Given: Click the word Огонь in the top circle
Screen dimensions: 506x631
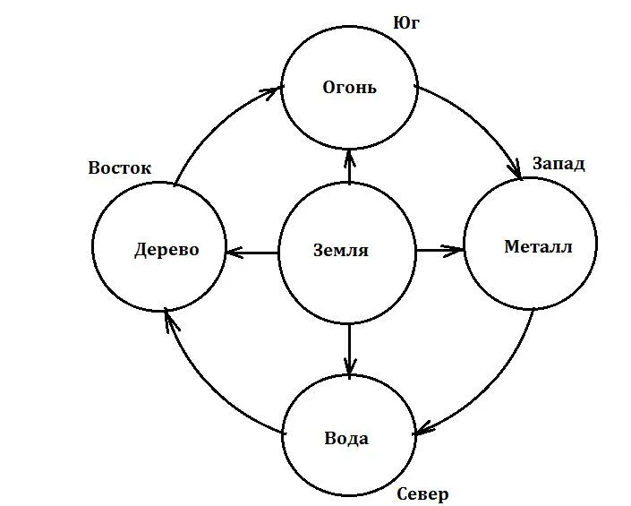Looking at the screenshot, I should coord(349,88).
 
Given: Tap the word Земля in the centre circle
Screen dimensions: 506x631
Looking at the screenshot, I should coord(341,251).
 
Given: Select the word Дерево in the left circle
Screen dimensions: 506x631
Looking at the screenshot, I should coord(166,250).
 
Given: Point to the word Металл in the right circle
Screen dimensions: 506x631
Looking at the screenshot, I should coord(537,246).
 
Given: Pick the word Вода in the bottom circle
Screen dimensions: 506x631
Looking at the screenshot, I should coord(346,439).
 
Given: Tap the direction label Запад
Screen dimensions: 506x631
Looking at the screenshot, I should coord(559,164).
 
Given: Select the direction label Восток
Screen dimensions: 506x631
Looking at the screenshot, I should coord(119,167).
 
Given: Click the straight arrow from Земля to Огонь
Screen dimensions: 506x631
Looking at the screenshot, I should coord(349,167).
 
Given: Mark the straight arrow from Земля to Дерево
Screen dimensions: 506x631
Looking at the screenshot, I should coord(252,253).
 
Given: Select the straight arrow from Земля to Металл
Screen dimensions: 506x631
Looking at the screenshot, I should coord(439,250).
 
